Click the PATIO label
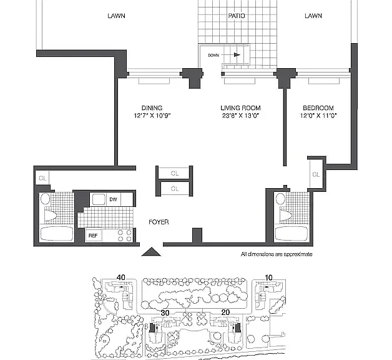click(x=236, y=16)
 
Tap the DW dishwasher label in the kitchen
click(x=113, y=199)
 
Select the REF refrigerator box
click(x=93, y=236)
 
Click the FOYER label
click(x=159, y=222)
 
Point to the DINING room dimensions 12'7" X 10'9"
click(x=152, y=116)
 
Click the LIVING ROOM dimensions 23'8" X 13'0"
click(x=240, y=116)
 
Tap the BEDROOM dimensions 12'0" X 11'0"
click(x=318, y=116)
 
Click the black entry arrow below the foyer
click(x=151, y=252)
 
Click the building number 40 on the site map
click(x=121, y=277)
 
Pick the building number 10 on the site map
click(x=268, y=277)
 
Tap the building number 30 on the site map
click(x=165, y=313)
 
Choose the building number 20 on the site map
click(x=225, y=312)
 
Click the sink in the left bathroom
click(x=45, y=199)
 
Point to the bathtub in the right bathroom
click(x=292, y=234)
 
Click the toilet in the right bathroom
click(x=285, y=216)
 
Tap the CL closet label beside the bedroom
click(x=316, y=174)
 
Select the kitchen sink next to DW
click(x=98, y=199)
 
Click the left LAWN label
click(x=116, y=16)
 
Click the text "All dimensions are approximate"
click(x=277, y=254)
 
